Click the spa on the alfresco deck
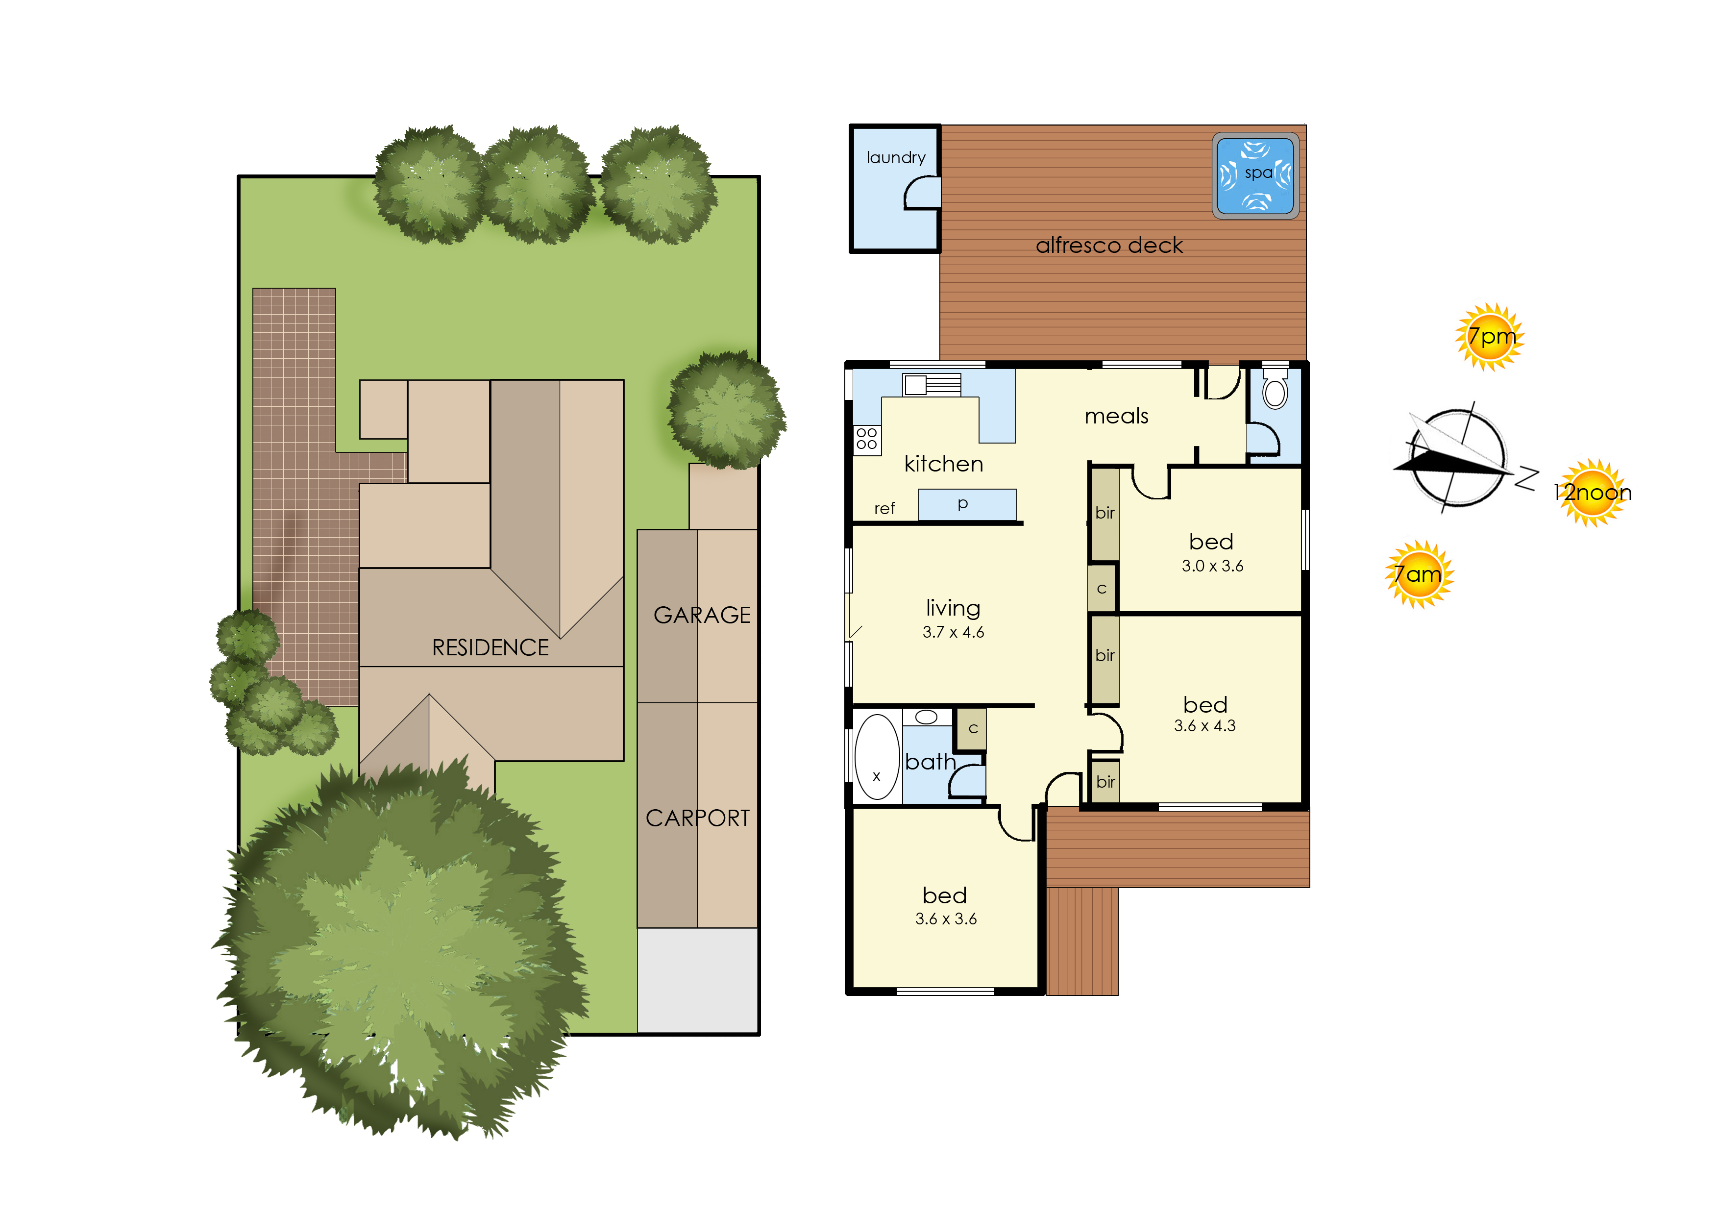[x=1255, y=176]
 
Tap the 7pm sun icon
[x=1490, y=337]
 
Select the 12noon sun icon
[x=1592, y=493]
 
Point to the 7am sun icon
[x=1419, y=574]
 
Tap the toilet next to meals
[x=1275, y=388]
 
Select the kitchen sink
[x=931, y=384]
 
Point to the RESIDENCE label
[x=491, y=647]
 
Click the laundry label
[x=896, y=158]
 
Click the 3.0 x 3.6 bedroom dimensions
[x=1212, y=566]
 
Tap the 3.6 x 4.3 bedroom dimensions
[x=1204, y=725]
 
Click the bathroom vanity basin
[x=926, y=718]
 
